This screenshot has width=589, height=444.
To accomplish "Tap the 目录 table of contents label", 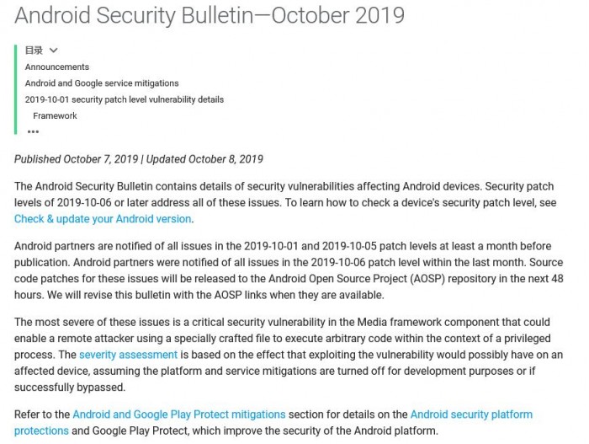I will (x=34, y=51).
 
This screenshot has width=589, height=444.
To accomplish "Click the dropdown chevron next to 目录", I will (x=54, y=51).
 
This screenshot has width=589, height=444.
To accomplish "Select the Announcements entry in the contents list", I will (x=57, y=67).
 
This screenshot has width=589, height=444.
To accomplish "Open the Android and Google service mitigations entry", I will (x=102, y=83).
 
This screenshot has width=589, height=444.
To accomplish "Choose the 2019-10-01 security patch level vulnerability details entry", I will (x=125, y=99).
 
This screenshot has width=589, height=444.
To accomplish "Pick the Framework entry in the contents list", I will (x=56, y=115).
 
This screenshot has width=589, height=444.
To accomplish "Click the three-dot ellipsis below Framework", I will (x=33, y=131).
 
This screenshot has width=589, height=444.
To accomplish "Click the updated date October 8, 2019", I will (x=226, y=159).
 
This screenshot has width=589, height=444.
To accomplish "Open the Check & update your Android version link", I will (x=103, y=219).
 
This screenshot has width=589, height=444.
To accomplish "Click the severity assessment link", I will (x=128, y=355).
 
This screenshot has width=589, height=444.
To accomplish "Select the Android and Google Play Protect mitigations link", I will (x=179, y=415).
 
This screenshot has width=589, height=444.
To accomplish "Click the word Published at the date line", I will (x=38, y=159).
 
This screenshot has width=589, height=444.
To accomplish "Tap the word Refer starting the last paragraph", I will (x=28, y=415).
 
